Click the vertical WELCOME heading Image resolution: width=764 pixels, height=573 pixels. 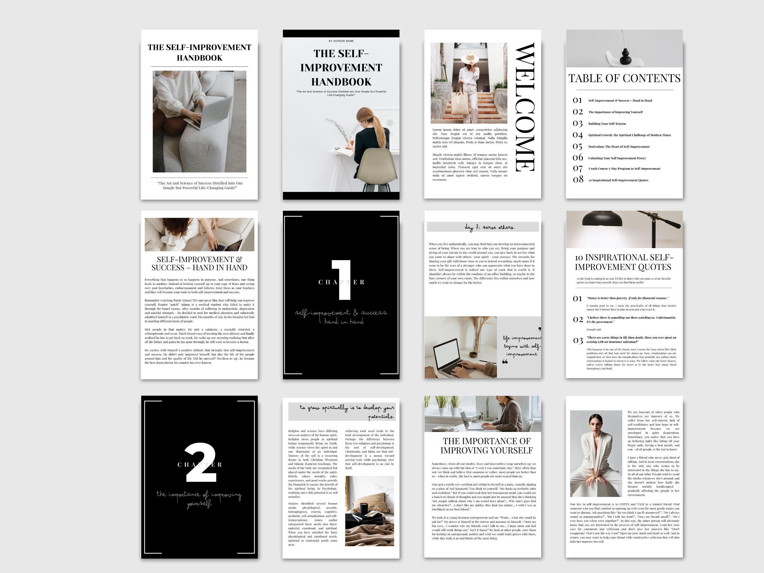pyautogui.click(x=525, y=107)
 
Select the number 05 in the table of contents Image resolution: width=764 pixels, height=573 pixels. pyautogui.click(x=577, y=147)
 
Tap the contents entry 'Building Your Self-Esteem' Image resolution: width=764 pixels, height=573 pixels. pyautogui.click(x=607, y=124)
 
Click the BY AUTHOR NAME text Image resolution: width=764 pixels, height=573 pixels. pyautogui.click(x=341, y=41)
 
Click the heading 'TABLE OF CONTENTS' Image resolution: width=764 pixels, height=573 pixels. pyautogui.click(x=624, y=78)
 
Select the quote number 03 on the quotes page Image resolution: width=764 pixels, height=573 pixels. pyautogui.click(x=578, y=340)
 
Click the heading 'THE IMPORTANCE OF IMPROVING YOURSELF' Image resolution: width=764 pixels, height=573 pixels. pyautogui.click(x=486, y=446)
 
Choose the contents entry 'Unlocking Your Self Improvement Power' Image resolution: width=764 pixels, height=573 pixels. pyautogui.click(x=617, y=158)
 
